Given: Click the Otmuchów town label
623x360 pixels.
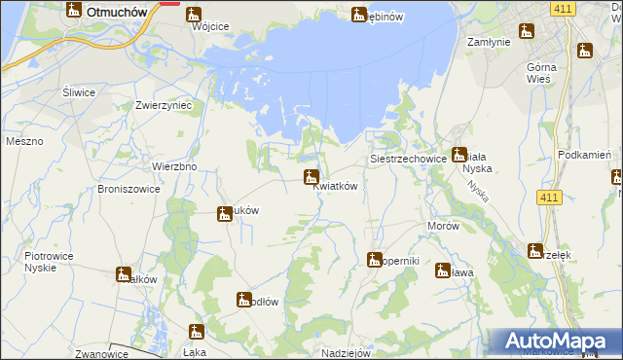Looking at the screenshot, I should tap(116, 12).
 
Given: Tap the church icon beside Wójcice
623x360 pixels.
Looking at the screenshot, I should tap(194, 16).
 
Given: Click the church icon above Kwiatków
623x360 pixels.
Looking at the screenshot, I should tap(311, 177).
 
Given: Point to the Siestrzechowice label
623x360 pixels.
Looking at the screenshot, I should tap(408, 158).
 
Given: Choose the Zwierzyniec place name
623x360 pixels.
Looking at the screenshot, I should tap(163, 104).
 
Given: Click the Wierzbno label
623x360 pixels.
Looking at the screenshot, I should tap(175, 165).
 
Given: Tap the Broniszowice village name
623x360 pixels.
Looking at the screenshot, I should tap(128, 189).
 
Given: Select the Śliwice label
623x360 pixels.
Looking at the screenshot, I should tap(78, 92).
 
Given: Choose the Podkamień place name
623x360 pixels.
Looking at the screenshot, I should tap(584, 156).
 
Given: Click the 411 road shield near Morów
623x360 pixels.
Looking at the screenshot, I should tap(550, 198).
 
